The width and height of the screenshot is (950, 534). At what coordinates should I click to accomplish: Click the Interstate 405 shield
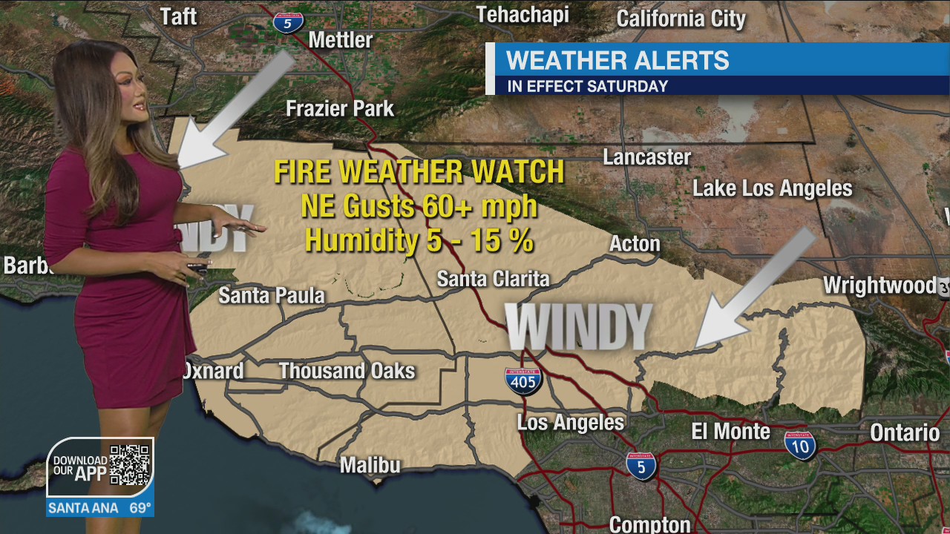coord(524,380)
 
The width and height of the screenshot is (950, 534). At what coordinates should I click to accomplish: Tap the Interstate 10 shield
coord(800,444)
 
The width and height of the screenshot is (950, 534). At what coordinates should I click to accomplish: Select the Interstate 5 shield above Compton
coord(641,466)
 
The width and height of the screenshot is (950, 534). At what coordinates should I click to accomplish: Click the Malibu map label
coord(370,465)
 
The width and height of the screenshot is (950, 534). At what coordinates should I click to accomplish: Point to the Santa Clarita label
coord(493,279)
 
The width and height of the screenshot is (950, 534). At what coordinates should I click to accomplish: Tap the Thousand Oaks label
coord(347,370)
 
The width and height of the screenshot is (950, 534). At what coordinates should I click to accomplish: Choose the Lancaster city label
coord(646,157)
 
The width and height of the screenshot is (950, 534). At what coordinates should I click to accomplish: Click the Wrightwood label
coord(879,286)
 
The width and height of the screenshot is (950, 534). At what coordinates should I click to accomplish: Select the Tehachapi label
coord(522,15)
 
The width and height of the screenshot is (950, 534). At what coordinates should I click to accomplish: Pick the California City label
coord(681,19)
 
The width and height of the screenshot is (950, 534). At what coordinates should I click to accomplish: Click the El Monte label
coord(730,431)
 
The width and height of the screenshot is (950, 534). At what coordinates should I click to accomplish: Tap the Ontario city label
coord(905,432)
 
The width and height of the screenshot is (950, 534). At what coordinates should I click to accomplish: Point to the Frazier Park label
coord(340,109)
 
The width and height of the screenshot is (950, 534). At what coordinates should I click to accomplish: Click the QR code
coord(130,466)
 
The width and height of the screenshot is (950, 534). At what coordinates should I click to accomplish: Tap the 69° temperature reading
coord(140,509)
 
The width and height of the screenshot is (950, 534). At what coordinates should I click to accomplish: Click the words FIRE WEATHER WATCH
coord(419,172)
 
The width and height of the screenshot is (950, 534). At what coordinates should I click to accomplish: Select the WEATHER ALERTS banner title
coord(617,60)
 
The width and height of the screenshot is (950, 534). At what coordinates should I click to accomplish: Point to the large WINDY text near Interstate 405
coord(578,326)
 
